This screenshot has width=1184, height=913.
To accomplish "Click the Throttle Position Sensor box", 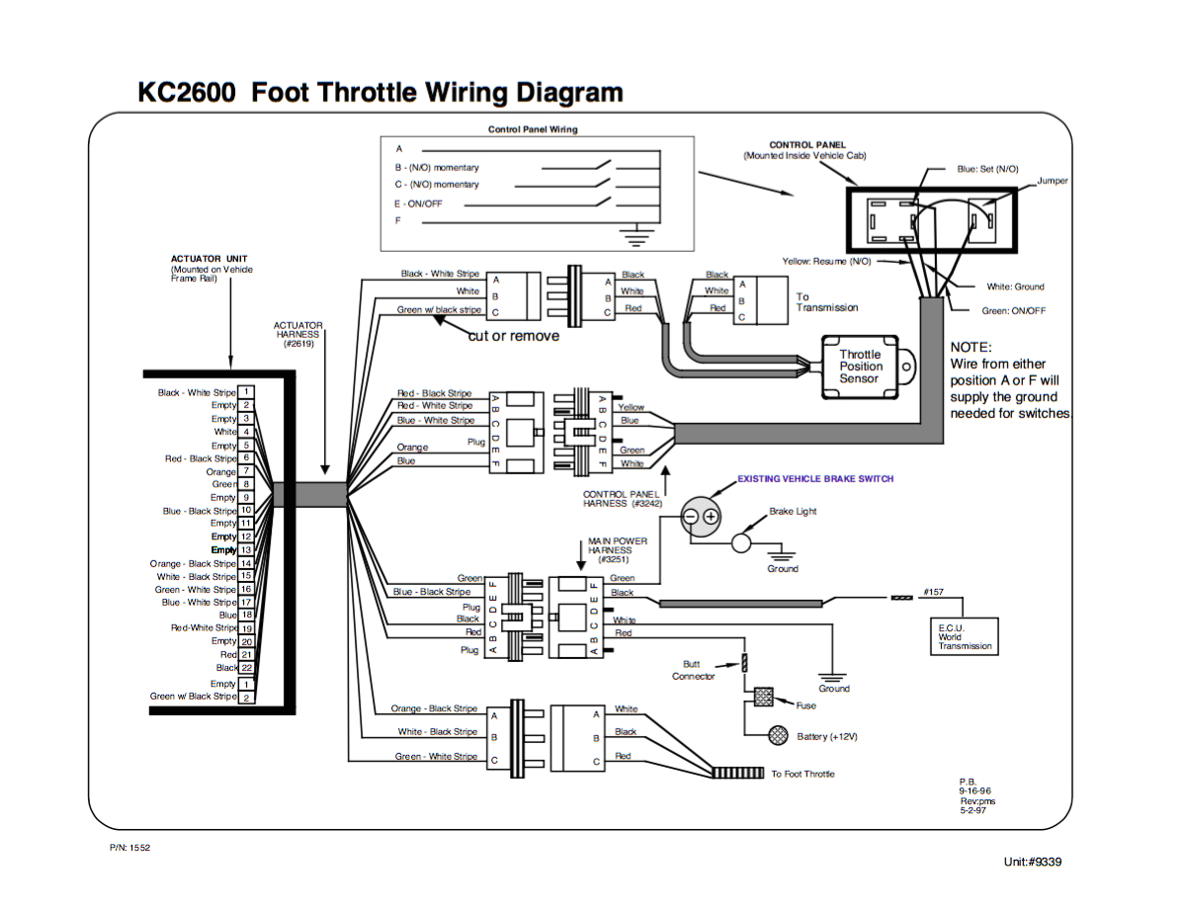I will click(860, 367).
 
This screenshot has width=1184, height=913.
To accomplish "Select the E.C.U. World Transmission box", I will click(965, 637).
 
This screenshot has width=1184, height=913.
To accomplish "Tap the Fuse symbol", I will click(763, 698).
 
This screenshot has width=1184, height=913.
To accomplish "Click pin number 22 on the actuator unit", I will click(246, 668).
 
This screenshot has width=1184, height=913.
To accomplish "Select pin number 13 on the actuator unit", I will click(246, 550).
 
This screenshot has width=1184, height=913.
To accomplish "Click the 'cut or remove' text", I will click(513, 336).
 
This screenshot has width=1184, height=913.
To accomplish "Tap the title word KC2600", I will click(187, 93).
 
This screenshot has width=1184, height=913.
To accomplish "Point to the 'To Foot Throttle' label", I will click(803, 774).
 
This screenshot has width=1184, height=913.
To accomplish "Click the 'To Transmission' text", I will click(827, 301).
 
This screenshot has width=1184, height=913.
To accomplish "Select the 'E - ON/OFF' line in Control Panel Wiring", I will click(419, 204).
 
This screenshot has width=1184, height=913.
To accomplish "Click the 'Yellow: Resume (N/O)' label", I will click(826, 261).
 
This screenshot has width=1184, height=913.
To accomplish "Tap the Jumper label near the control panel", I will click(1053, 181).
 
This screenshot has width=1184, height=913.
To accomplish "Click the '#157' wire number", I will click(933, 592).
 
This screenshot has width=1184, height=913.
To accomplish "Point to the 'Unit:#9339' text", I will click(1032, 862).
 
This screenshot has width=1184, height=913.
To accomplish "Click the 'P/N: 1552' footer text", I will click(130, 847).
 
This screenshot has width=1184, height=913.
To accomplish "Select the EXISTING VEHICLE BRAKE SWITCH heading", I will click(815, 478).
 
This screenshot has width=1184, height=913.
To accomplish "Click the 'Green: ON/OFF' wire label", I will click(1013, 310).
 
